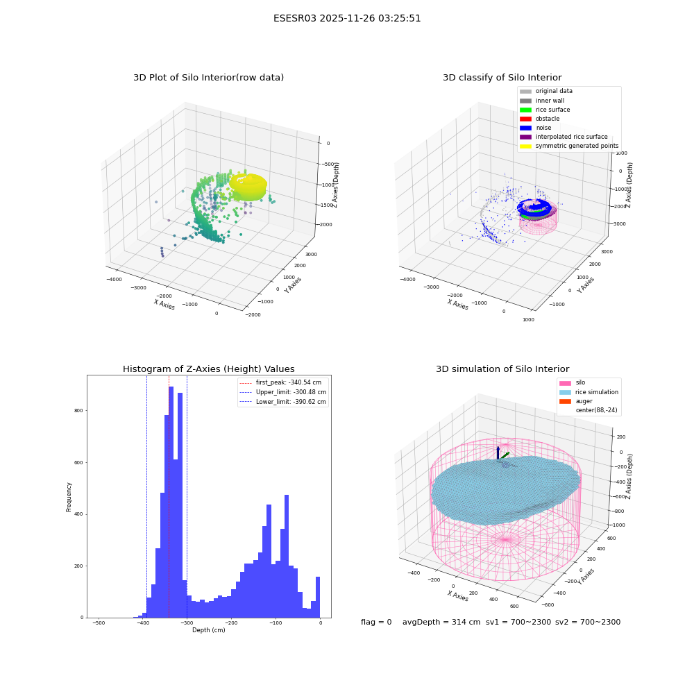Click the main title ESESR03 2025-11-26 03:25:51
tap(347, 19)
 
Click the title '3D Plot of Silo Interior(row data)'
tap(208, 78)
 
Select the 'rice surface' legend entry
tap(545, 110)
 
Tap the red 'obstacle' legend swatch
tap(525, 119)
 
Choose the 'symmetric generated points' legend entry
tap(569, 146)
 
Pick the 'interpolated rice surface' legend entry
tap(564, 137)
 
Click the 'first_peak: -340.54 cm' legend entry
tap(280, 382)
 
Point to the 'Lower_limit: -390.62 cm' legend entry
tap(283, 402)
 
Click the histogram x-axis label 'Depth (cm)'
tap(209, 630)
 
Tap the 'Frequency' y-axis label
tap(69, 497)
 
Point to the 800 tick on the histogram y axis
tap(78, 411)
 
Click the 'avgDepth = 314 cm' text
tap(441, 622)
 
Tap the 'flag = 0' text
tap(376, 622)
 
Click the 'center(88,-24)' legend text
tap(596, 410)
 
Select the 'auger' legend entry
tap(576, 401)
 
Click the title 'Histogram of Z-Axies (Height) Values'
tap(208, 369)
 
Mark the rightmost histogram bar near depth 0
tap(318, 597)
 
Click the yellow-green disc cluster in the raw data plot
tap(248, 186)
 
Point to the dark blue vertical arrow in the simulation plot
tap(498, 452)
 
